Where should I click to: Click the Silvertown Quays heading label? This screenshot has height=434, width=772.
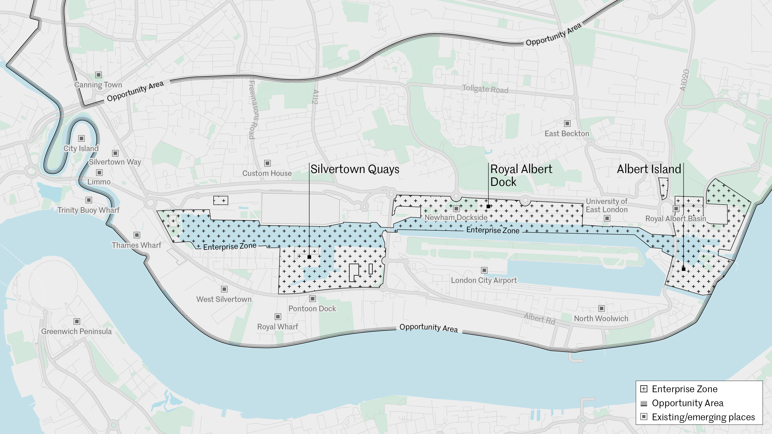tap(355, 169)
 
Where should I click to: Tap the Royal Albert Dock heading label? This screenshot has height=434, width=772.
tap(521, 175)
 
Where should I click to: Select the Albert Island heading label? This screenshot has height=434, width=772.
tap(649, 169)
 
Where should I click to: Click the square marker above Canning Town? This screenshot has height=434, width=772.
tap(98, 75)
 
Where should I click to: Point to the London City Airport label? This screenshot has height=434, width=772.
tap(484, 280)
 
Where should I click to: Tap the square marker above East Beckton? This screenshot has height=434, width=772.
tap(567, 124)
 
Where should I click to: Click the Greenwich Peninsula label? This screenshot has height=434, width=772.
tap(76, 331)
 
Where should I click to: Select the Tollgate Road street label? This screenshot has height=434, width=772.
tap(485, 89)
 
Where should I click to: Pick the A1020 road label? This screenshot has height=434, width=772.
tap(684, 80)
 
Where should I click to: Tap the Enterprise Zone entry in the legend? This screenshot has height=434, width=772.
tap(685, 389)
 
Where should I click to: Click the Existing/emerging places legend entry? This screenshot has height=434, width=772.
tap(703, 417)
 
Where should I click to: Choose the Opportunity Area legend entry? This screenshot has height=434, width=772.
tap(688, 403)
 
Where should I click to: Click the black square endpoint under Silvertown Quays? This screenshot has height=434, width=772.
tap(309, 257)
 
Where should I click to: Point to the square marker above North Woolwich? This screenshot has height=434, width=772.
tap(601, 308)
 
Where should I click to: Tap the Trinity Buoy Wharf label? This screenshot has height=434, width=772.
tap(88, 210)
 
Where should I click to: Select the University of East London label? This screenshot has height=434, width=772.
tap(607, 206)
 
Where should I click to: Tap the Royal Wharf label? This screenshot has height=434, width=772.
tap(277, 327)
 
